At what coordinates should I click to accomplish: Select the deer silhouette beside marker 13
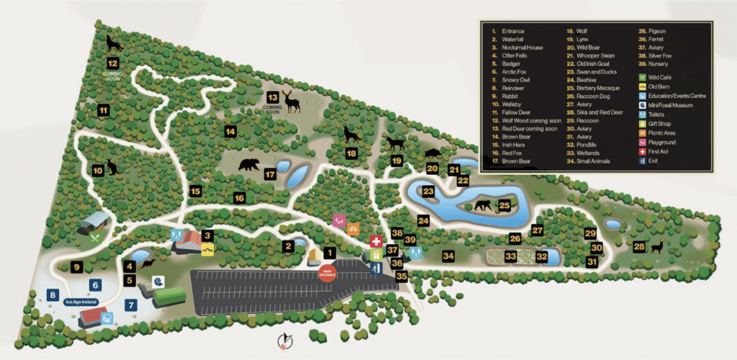(291, 102)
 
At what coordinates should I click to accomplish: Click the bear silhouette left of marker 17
(249, 165)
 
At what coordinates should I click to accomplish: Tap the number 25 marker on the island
(504, 206)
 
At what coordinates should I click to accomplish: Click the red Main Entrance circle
(327, 274)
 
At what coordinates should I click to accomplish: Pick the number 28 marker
(638, 247)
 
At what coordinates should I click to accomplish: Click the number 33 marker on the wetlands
(510, 256)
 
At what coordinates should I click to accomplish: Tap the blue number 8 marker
(52, 294)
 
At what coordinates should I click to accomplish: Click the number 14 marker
(230, 132)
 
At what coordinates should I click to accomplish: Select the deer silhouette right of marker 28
(656, 248)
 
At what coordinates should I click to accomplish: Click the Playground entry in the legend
(661, 143)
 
